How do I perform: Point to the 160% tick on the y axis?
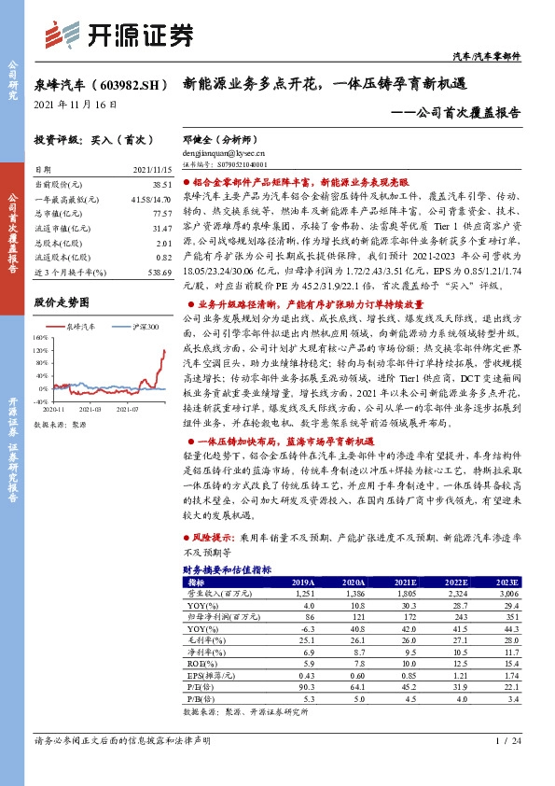pyautogui.click(x=42, y=337)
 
